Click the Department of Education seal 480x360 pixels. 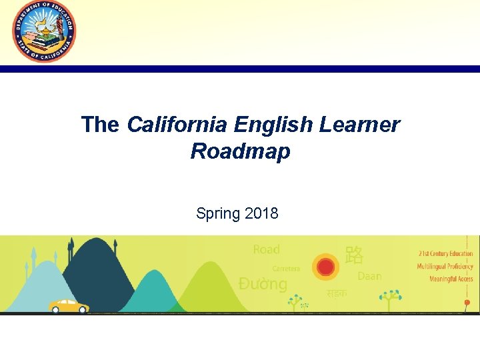point(44,31)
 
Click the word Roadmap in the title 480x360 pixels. point(240,151)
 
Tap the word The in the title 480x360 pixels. point(100,125)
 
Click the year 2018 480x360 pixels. point(261,213)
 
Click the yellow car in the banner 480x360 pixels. point(69,305)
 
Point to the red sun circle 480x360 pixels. point(325,267)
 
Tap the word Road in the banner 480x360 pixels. point(267,249)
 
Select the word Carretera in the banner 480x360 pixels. point(286,269)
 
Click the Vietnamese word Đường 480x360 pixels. point(263,284)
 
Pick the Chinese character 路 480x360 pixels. point(354,254)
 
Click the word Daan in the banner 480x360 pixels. point(370,275)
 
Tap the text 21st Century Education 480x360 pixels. point(445,253)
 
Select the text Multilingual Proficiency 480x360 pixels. point(445,266)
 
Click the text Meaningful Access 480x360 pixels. point(451,279)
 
